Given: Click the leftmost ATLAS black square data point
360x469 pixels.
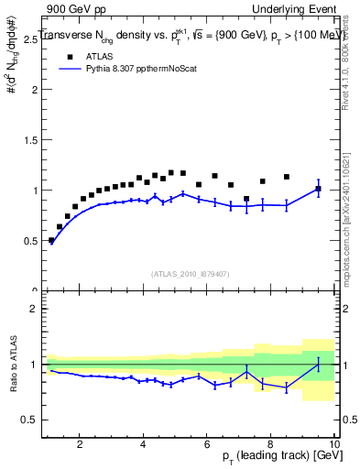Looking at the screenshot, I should [x=51, y=240].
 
